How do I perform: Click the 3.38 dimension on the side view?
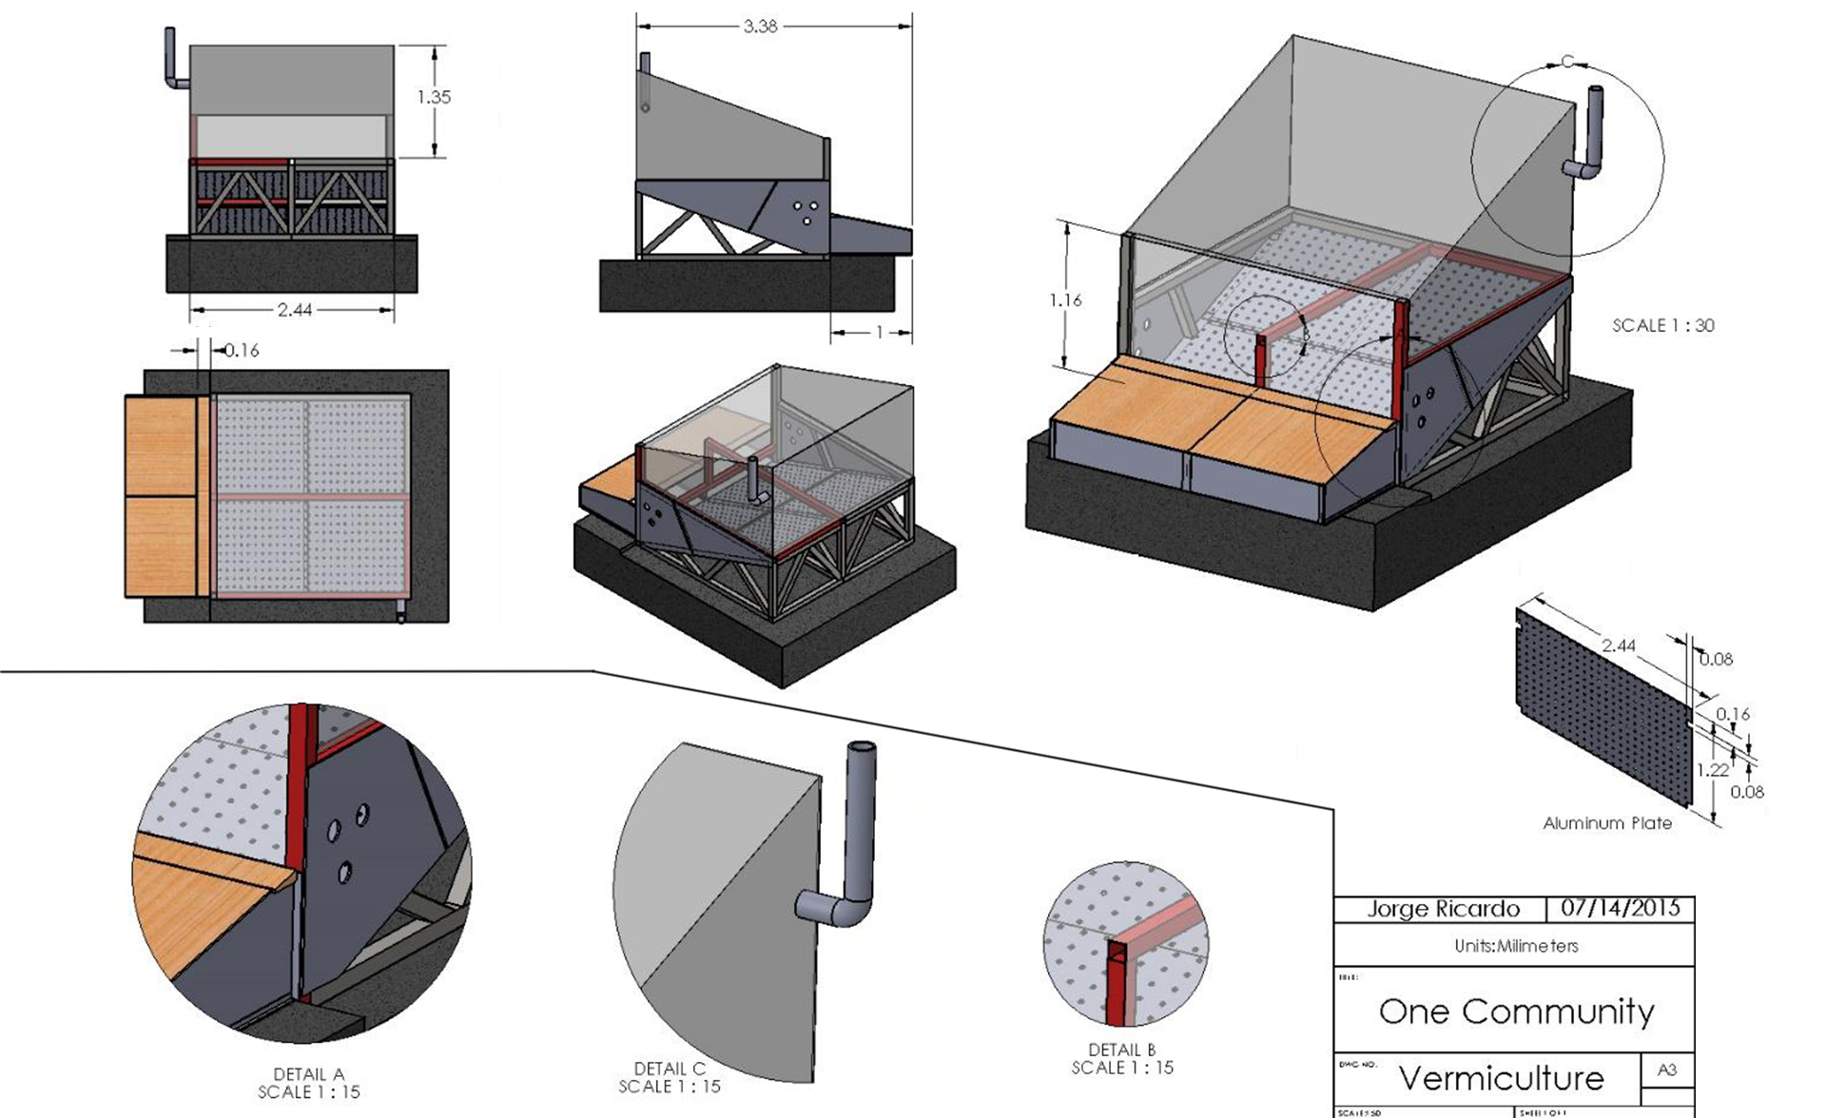pos(760,27)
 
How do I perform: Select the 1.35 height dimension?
pos(434,97)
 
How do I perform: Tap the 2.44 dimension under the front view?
pos(295,310)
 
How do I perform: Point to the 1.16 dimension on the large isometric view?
pos(1065,300)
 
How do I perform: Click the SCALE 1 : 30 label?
pos(1662,325)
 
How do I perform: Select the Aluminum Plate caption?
pos(1607,823)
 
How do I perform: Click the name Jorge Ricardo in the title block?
pos(1443,909)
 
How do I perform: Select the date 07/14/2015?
pos(1621,908)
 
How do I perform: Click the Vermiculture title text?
pos(1501,1078)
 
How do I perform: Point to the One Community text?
pos(1516,1012)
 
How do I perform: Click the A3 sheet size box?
pos(1667,1070)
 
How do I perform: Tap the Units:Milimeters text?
pos(1516,946)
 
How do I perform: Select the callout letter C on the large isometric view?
pos(1567,63)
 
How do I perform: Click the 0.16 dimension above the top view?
pos(242,351)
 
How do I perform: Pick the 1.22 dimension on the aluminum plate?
pos(1712,770)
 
